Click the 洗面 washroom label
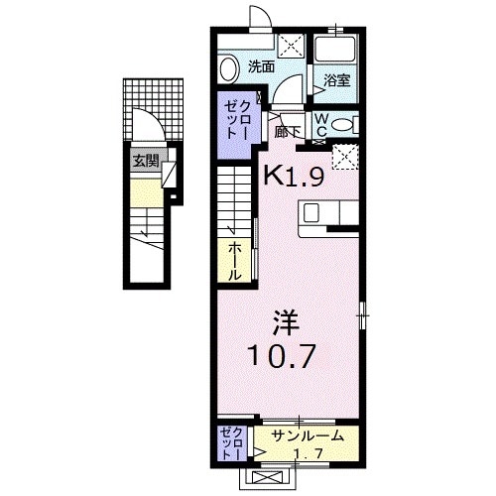pos(261,67)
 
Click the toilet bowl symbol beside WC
pos(341,124)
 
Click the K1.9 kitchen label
pos(294,176)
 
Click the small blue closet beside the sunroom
pos(232,443)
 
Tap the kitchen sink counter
pos(326,213)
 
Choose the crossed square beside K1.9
pos(346,157)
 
